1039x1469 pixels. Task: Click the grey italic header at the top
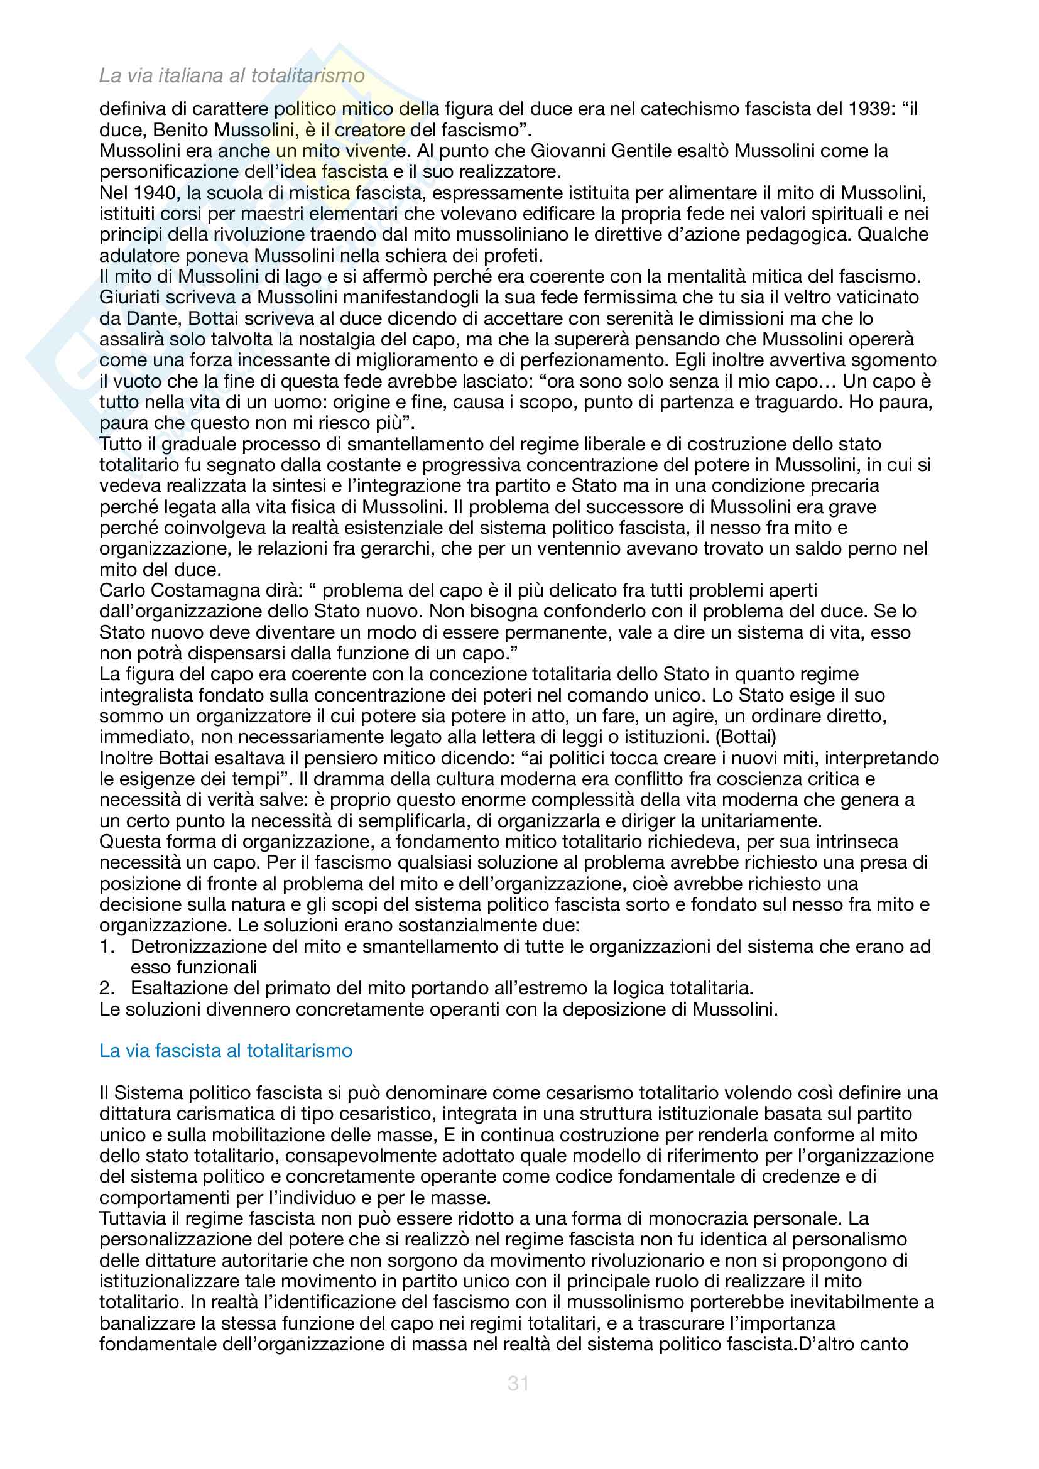(232, 75)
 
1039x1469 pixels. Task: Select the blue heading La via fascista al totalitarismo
(226, 1051)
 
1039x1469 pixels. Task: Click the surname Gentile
(645, 151)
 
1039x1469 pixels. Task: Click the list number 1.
(106, 946)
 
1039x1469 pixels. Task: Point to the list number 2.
(106, 988)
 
